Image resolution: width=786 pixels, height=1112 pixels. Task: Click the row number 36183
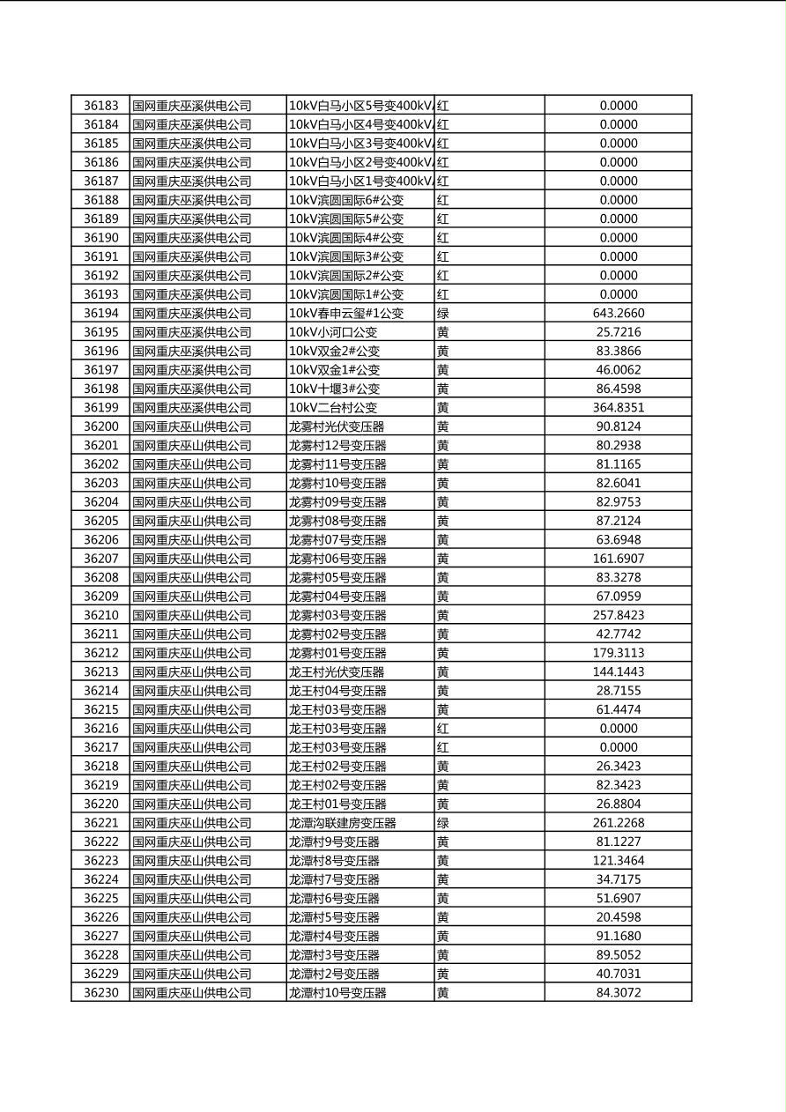pos(100,106)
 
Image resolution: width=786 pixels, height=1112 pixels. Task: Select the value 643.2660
pos(618,314)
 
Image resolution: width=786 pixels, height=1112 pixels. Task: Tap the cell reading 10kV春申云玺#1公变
pos(346,314)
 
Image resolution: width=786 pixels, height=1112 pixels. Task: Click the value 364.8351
pos(618,408)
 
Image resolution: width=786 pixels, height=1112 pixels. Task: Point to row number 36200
pos(100,426)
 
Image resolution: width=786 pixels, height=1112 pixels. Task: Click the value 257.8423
pos(618,616)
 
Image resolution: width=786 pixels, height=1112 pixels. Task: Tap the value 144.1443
pos(618,672)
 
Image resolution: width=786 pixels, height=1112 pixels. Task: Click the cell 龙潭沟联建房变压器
pos(343,823)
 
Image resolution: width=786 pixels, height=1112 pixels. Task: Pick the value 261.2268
pos(618,823)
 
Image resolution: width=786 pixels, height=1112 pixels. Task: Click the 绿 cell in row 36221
pos(443,823)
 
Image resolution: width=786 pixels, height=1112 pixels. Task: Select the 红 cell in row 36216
pos(443,729)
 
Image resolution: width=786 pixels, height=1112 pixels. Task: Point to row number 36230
pos(100,993)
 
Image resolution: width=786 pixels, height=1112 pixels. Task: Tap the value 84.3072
pos(618,993)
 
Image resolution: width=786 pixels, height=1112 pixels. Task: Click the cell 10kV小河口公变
pos(333,332)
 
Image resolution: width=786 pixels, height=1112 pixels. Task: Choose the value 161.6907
pos(618,559)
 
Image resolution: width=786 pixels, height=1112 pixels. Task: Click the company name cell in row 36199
pos(192,408)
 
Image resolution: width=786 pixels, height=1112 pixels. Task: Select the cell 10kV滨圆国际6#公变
pos(346,200)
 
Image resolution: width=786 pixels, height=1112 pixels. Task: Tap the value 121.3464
pos(618,861)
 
